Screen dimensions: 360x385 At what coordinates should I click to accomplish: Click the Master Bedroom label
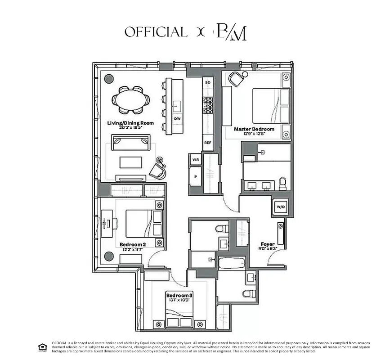coord(254,129)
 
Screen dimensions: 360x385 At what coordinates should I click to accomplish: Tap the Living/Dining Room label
coord(130,123)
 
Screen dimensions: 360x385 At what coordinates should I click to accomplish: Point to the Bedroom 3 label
coord(179,295)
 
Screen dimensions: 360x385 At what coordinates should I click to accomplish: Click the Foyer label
coord(268,244)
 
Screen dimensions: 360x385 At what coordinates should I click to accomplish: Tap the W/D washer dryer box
coord(280,207)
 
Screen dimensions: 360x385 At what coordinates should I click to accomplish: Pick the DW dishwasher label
coord(177,119)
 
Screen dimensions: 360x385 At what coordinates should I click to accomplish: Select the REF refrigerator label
coord(207,143)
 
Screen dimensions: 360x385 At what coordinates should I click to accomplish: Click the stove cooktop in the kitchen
coord(207,105)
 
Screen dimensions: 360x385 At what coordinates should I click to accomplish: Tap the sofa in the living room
coord(131,143)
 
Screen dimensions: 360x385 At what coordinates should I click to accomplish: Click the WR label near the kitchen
coord(195,160)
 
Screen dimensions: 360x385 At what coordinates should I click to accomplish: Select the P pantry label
coord(195,177)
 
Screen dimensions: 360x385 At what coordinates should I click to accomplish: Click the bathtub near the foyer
coord(231,263)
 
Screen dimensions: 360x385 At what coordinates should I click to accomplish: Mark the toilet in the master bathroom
coord(283,183)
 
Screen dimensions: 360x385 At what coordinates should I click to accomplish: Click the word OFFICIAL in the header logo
coord(156,32)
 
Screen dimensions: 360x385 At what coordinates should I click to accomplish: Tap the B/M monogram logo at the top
coord(231,32)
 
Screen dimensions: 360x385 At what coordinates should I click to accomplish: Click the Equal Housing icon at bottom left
coord(42,346)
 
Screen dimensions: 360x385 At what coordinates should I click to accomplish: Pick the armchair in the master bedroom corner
coord(236,79)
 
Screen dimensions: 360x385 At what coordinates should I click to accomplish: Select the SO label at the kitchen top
coord(207,83)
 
